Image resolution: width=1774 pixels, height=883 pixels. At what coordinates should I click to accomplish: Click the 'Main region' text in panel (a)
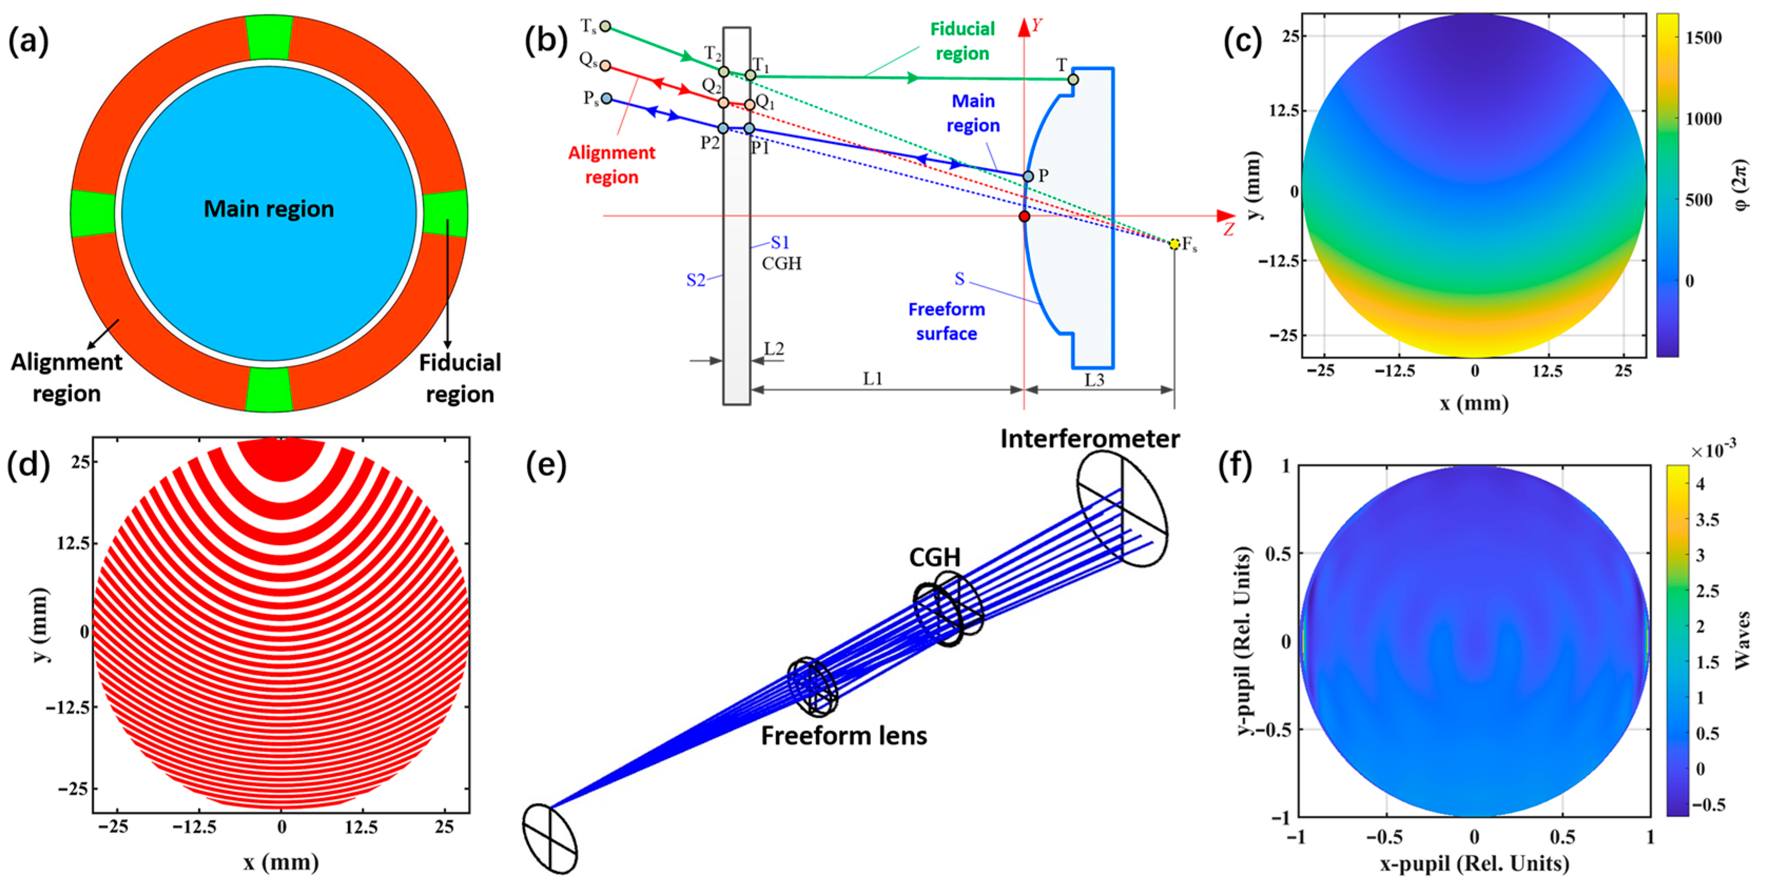[x=269, y=209]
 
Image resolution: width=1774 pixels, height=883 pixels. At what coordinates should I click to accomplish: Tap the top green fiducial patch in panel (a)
[x=269, y=37]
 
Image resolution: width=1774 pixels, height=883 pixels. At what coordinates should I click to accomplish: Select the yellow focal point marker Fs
[x=1174, y=244]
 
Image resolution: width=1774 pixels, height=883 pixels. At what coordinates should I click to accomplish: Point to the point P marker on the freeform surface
[x=1028, y=176]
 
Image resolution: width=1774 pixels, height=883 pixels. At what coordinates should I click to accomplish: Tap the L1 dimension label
[x=873, y=379]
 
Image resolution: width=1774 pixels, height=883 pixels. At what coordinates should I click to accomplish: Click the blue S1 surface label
[x=779, y=242]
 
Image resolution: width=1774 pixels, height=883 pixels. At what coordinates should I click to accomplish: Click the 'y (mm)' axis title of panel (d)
[x=41, y=625]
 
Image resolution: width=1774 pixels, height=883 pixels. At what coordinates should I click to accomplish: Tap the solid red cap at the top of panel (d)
[x=281, y=458]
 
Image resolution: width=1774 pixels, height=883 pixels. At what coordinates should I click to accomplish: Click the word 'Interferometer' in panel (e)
[x=1089, y=439]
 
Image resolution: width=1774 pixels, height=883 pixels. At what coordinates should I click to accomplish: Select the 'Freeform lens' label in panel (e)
[x=844, y=736]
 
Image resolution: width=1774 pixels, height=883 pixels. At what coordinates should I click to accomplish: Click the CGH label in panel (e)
[x=934, y=557]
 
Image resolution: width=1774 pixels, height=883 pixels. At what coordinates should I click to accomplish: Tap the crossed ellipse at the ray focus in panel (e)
[x=550, y=839]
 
